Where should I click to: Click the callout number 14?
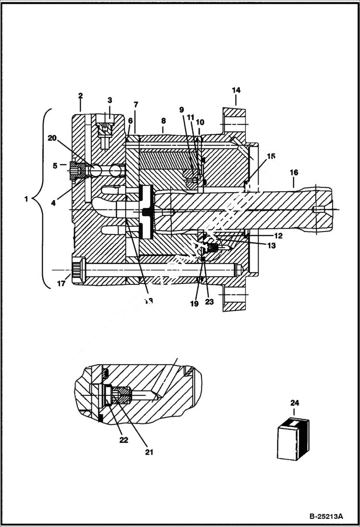(236, 90)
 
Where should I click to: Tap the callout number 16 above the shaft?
(294, 172)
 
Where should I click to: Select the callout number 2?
(80, 96)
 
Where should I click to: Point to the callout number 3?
(110, 100)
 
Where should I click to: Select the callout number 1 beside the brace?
(26, 198)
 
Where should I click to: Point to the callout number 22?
(124, 440)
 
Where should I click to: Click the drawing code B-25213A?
(326, 516)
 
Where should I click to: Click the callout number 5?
(55, 166)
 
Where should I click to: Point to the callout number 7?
(136, 104)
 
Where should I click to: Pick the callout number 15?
(271, 156)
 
